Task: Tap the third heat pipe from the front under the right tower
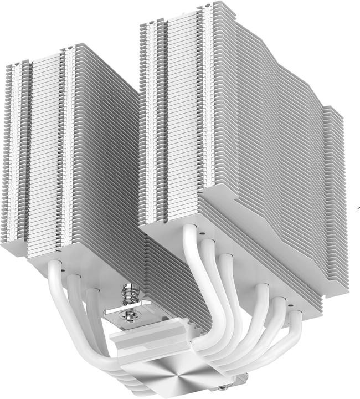click(228, 272)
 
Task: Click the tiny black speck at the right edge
click(354, 209)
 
